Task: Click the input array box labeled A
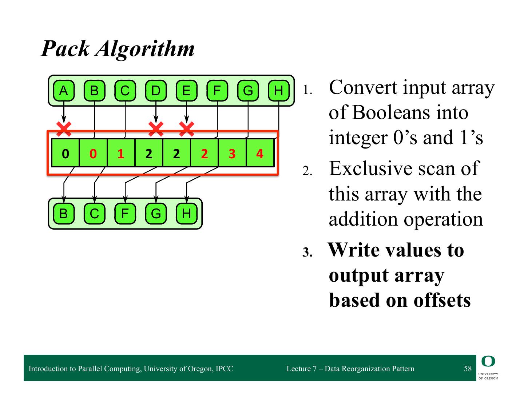pos(64,91)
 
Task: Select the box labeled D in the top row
pos(156,91)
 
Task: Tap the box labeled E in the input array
pos(186,91)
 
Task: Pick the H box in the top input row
pos(278,91)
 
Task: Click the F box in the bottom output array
pos(125,214)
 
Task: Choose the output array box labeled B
pos(64,214)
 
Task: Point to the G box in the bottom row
pos(156,214)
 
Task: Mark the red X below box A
pos(64,128)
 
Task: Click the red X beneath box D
pos(156,128)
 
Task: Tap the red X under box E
pos(187,128)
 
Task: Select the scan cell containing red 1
pos(121,154)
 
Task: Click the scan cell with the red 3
pos(232,154)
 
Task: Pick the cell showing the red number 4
pos(260,154)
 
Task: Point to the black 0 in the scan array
pos(65,154)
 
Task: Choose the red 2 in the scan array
pos(204,154)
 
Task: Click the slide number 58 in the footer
pos(468,369)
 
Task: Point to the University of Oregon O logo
pos(488,361)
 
